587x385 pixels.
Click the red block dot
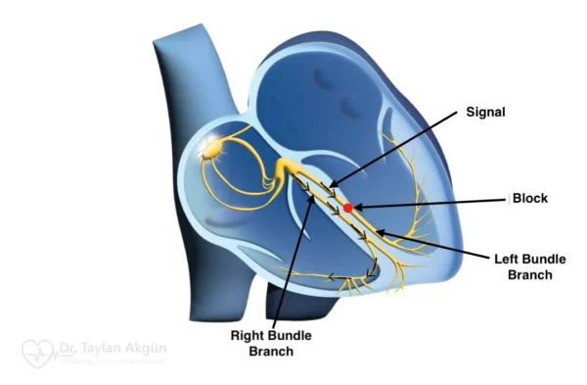click(x=347, y=208)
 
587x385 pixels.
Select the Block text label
click(x=532, y=198)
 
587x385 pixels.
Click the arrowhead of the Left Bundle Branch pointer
click(x=379, y=233)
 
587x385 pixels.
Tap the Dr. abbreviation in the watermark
click(x=70, y=346)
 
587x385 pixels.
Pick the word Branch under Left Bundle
click(x=529, y=275)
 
